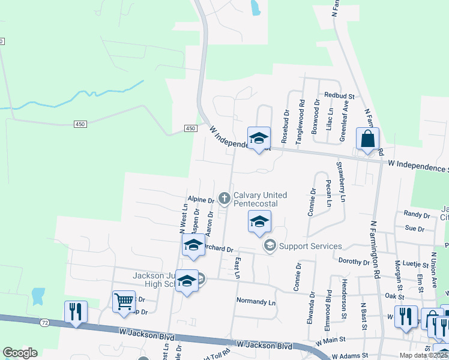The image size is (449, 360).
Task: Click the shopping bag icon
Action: pyautogui.click(x=367, y=139)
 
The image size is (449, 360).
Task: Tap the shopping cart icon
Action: pyautogui.click(x=124, y=301)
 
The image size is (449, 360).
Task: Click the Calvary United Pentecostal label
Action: pyautogui.click(x=260, y=199)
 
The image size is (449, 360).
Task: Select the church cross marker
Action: pyautogui.click(x=224, y=197)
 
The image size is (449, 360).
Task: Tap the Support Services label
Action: pyautogui.click(x=310, y=246)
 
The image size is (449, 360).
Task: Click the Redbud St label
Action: pyautogui.click(x=340, y=95)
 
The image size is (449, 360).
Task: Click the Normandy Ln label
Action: pyautogui.click(x=256, y=301)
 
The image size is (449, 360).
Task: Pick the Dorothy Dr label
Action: pyautogui.click(x=354, y=262)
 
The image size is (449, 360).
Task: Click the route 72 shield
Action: pyautogui.click(x=44, y=322)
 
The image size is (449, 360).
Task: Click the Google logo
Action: pyautogui.click(x=20, y=353)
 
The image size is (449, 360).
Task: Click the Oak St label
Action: pyautogui.click(x=394, y=296)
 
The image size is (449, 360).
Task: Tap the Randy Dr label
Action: pyautogui.click(x=417, y=214)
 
